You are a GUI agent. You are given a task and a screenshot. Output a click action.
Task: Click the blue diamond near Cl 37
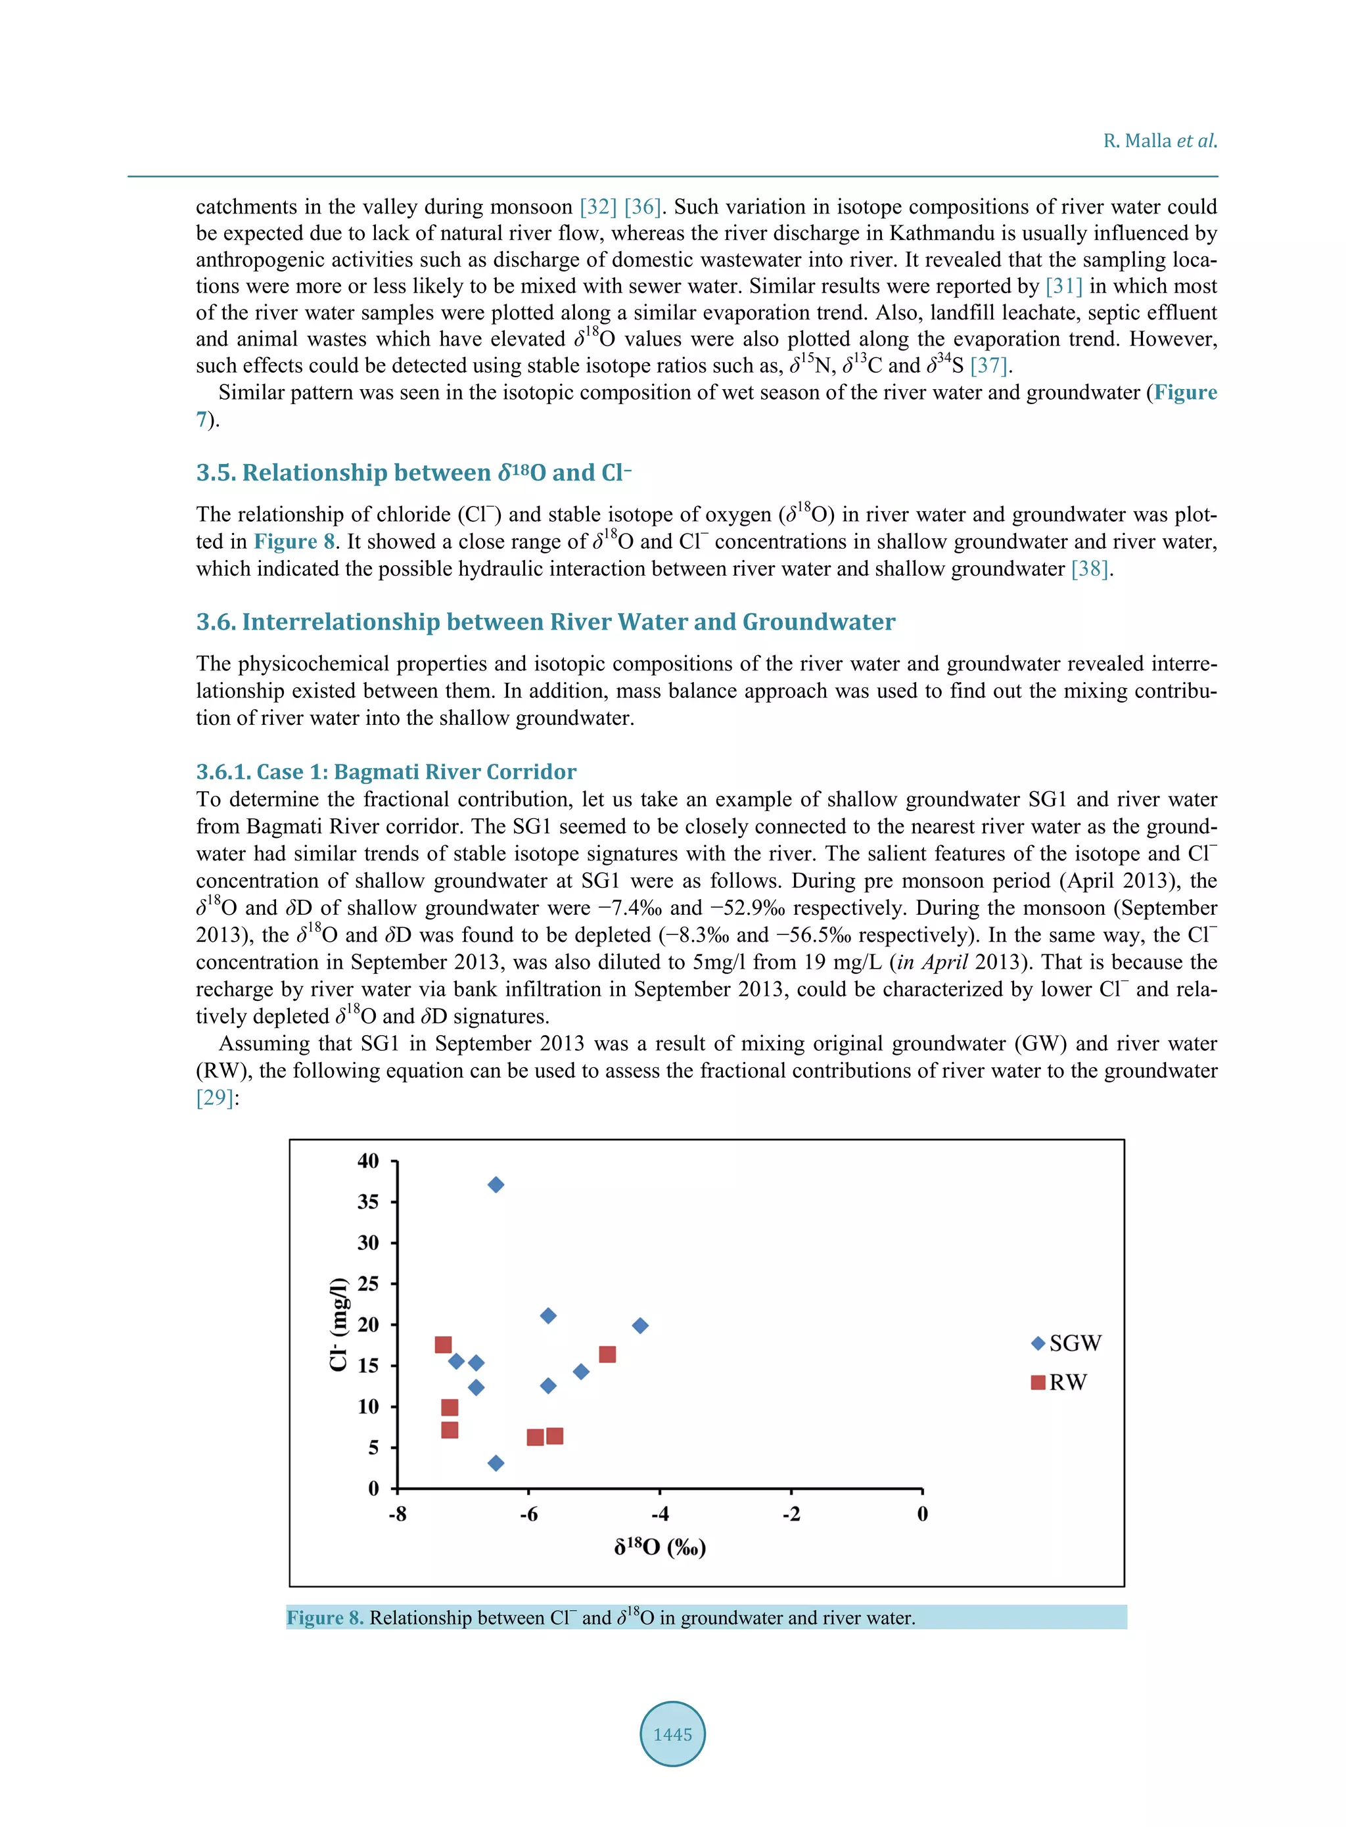496,1184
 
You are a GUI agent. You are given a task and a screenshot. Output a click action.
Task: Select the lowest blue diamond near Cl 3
496,1463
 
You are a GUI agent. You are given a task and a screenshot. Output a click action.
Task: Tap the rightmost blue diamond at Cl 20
640,1326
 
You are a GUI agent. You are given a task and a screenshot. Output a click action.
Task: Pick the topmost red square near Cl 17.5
443,1344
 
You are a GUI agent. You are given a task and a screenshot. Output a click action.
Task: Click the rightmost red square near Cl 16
607,1354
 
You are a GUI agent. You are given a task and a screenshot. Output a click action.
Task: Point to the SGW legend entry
1066,1343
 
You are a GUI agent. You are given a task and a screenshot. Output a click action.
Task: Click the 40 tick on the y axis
368,1161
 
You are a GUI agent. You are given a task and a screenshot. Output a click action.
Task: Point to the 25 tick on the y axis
368,1284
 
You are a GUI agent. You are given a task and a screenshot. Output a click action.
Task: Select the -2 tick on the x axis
791,1514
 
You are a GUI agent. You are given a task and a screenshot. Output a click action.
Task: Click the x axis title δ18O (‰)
660,1547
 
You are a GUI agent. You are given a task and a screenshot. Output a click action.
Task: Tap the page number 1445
672,1734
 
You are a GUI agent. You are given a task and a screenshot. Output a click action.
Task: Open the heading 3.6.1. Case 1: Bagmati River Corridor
386,772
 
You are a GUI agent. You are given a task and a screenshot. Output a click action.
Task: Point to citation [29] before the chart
215,1098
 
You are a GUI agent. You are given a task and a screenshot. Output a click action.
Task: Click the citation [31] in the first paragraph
1063,286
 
